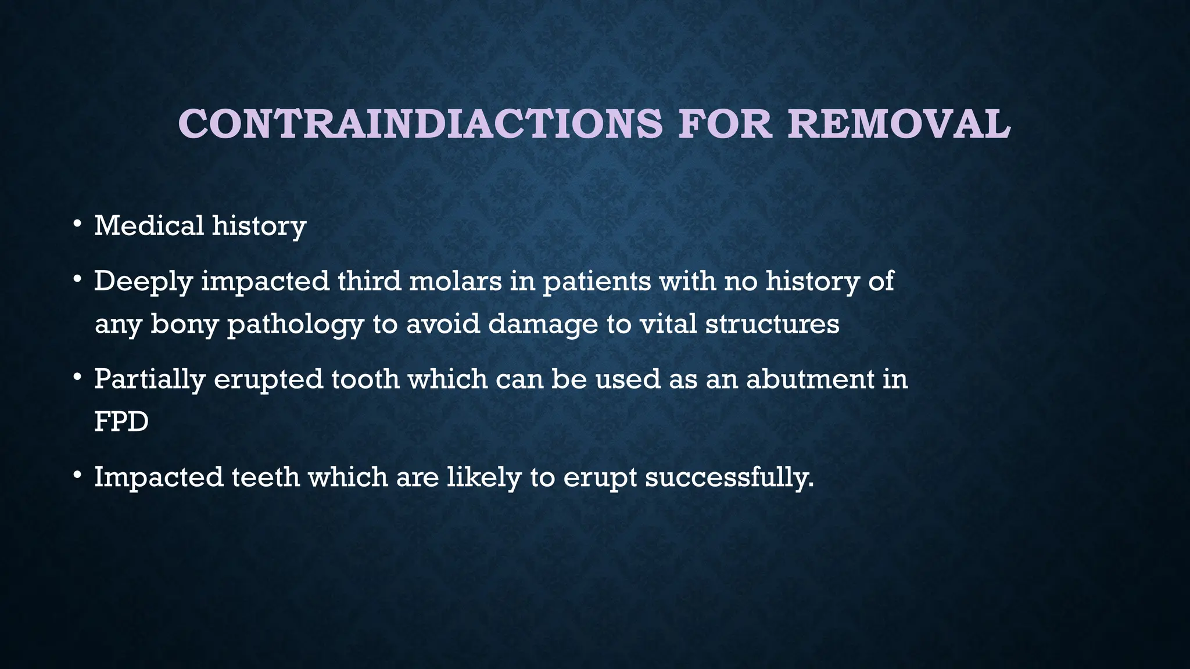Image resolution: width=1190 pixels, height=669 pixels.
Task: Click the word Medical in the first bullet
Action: pyautogui.click(x=149, y=225)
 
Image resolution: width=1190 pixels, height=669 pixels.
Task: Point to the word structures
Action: pyautogui.click(x=772, y=323)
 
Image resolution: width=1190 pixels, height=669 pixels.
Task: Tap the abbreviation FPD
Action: pyautogui.click(x=121, y=422)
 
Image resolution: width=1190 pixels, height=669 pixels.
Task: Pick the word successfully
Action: pyautogui.click(x=729, y=477)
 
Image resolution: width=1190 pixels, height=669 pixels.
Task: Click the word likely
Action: pyautogui.click(x=483, y=477)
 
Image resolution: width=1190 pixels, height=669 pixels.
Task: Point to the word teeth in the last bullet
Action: pyautogui.click(x=266, y=477)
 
